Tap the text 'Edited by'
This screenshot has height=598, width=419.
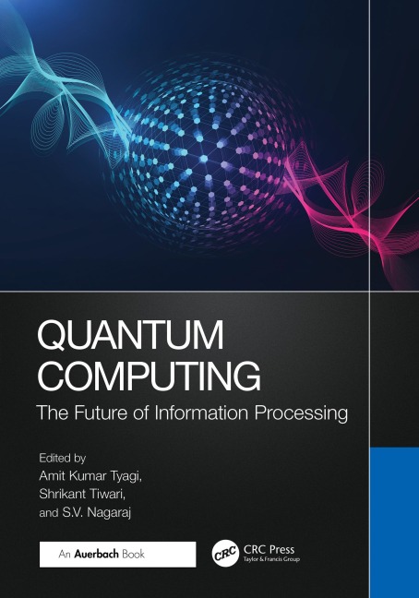(61, 456)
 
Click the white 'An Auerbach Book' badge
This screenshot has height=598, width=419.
(117, 554)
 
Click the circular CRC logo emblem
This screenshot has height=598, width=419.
(225, 554)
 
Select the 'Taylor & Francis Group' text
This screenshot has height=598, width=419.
(269, 561)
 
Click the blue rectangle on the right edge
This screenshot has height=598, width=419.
(394, 521)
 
